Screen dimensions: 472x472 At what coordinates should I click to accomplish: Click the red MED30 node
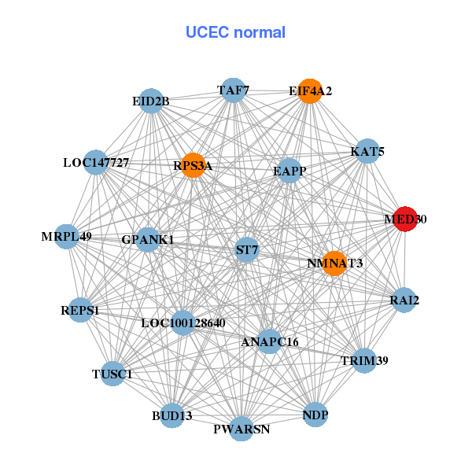pos(404,219)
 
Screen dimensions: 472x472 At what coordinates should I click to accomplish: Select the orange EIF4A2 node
pos(311,91)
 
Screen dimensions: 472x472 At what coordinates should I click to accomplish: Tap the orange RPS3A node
pos(193,165)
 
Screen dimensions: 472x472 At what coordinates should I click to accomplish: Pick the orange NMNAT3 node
pos(335,264)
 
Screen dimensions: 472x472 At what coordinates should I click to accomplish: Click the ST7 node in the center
pos(247,250)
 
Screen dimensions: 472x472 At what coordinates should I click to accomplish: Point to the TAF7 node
pos(233,90)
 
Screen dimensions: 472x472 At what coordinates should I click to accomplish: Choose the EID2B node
pos(151,101)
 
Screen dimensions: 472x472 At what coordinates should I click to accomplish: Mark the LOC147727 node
pos(96,163)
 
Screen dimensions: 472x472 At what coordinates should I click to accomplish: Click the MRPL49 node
pos(67,236)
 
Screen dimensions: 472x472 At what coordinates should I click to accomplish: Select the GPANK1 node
pos(148,239)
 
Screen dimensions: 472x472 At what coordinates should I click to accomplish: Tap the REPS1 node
pos(80,310)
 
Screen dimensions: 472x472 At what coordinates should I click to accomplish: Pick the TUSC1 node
pos(112,374)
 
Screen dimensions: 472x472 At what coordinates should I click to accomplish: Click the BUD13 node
pos(172,415)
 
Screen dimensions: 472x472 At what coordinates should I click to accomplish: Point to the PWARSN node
pos(242,429)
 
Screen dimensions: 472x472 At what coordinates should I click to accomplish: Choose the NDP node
pos(315,415)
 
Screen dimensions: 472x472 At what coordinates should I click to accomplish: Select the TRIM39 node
pos(364,360)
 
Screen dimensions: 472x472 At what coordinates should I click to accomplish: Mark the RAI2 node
pos(404,300)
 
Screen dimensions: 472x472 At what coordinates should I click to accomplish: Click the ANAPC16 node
pos(270,341)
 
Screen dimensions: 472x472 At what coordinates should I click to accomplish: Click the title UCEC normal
pos(235,32)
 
